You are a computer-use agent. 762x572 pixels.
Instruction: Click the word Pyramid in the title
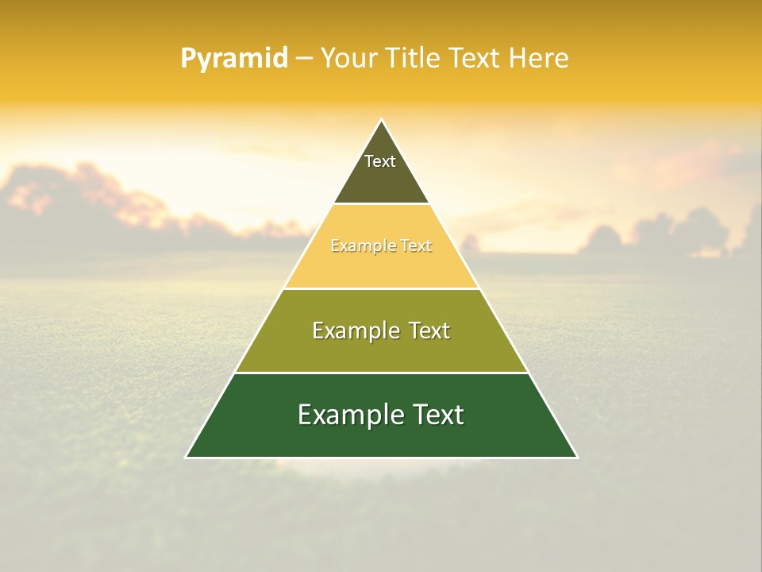pyautogui.click(x=233, y=59)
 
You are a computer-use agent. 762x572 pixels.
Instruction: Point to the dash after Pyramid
pyautogui.click(x=303, y=59)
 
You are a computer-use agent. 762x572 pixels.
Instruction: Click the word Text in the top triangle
pyautogui.click(x=380, y=161)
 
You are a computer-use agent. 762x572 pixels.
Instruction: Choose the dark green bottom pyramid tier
pyautogui.click(x=381, y=437)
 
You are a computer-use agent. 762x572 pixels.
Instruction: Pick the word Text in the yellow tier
pyautogui.click(x=416, y=246)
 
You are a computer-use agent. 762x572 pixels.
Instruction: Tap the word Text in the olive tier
pyautogui.click(x=429, y=330)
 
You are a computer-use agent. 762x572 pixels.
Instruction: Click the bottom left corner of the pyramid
pyautogui.click(x=187, y=457)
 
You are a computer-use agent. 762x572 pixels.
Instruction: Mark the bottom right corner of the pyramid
pyautogui.click(x=576, y=457)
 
